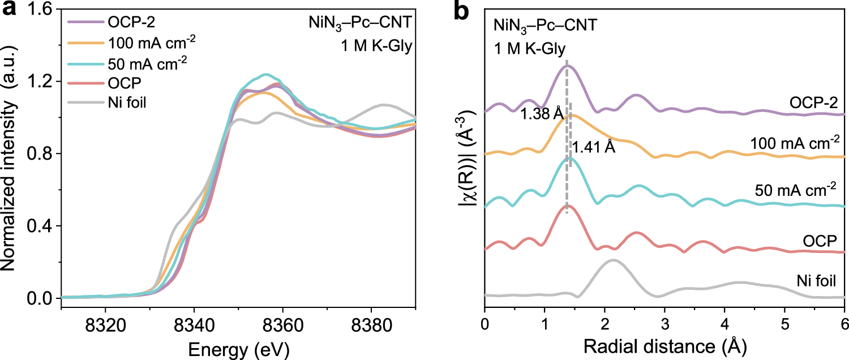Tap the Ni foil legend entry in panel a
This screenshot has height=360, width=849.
coord(116,104)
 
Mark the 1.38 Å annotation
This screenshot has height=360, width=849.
coord(542,114)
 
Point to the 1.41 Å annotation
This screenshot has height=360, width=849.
coord(593,148)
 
